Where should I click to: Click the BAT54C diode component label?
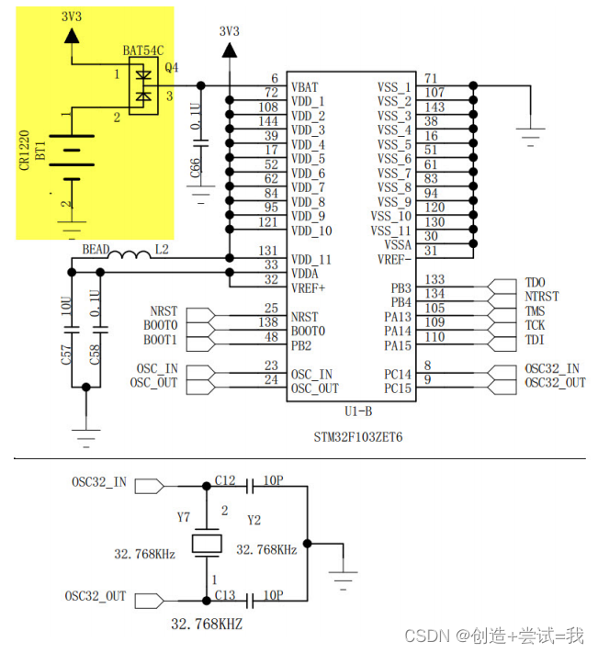(143, 51)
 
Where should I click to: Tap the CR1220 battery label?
(23, 147)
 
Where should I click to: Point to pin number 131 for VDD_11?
(267, 251)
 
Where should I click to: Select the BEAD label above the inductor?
(96, 249)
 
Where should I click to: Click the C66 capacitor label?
(195, 169)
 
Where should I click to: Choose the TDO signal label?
(535, 283)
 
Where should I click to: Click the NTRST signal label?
(541, 297)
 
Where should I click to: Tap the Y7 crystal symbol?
(207, 545)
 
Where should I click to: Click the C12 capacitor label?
(225, 481)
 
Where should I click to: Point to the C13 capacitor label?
(225, 596)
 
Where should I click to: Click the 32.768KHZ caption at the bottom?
(207, 624)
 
